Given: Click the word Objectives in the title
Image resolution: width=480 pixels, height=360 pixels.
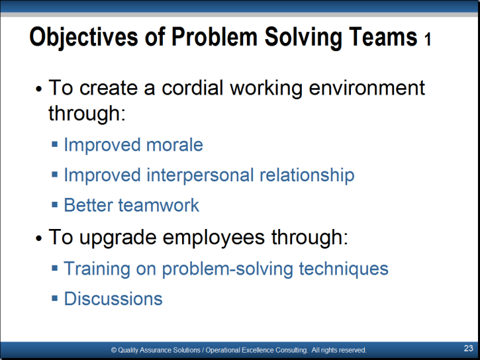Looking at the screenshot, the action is [83, 37].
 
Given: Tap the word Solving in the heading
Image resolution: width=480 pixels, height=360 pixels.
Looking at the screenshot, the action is [303, 37].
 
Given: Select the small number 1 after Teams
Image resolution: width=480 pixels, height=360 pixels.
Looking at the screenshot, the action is [428, 40].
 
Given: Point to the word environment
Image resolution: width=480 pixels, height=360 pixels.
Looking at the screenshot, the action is [367, 88].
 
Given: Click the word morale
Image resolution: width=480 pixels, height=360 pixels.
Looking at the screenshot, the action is [175, 145].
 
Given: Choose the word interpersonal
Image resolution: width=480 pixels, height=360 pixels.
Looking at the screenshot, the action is [200, 175].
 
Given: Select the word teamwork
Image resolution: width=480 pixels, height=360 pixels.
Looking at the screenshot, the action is [159, 205].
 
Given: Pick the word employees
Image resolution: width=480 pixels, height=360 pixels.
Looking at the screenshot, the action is [214, 238].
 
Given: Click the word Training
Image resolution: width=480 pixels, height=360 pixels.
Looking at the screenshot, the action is [97, 269].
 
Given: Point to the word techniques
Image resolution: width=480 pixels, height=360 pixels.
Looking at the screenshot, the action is [344, 269].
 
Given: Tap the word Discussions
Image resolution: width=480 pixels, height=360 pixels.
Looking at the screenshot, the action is [113, 298].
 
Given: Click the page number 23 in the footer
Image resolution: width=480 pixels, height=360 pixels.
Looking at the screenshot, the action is [468, 348].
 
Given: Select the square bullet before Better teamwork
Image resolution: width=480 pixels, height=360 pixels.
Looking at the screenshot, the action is [55, 204].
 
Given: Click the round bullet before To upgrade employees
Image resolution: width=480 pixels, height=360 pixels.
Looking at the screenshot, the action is [38, 238].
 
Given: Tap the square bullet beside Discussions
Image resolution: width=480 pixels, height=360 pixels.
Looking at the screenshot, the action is [55, 298].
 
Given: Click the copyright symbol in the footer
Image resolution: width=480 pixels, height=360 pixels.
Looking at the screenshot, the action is [114, 350].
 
